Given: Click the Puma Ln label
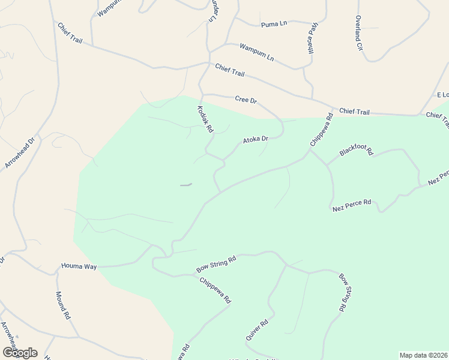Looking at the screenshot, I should [x=274, y=25].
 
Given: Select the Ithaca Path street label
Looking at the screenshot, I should [x=313, y=37].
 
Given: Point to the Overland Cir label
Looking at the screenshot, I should [x=359, y=33].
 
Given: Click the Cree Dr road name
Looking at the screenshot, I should [x=246, y=100].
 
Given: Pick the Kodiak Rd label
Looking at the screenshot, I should [x=205, y=119].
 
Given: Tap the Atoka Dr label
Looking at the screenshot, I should [x=255, y=140].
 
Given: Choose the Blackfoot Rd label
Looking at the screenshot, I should [x=356, y=150].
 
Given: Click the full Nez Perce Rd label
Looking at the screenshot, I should [x=352, y=205].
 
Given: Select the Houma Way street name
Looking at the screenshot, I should [x=79, y=265].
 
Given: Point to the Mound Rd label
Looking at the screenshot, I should [x=63, y=305].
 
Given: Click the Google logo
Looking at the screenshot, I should [x=19, y=353].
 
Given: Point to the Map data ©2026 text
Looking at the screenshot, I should [x=424, y=355].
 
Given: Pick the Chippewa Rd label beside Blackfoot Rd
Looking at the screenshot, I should [x=321, y=130].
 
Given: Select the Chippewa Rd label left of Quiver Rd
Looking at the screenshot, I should [x=215, y=290].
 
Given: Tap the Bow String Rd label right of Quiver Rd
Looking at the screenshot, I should [x=343, y=292].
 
